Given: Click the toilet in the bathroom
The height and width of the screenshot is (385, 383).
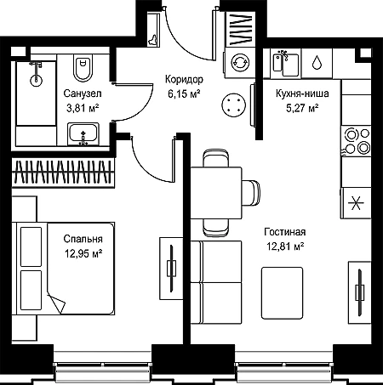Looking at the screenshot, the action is (x=83, y=68).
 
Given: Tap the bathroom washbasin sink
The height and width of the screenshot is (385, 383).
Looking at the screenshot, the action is (x=83, y=133).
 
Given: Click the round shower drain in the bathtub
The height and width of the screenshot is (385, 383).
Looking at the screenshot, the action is (x=36, y=80).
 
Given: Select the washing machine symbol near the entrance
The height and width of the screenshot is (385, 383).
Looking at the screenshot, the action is (x=240, y=63).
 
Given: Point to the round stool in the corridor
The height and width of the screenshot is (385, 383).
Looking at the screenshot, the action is (x=233, y=105).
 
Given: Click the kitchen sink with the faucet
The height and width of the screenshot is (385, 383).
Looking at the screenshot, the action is (x=286, y=63).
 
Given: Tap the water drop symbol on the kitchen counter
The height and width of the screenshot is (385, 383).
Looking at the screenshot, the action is (x=317, y=62).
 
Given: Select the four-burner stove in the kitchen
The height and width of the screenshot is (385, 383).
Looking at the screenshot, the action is (x=357, y=141).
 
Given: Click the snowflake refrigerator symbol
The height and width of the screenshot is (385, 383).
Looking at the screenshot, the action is (x=356, y=203).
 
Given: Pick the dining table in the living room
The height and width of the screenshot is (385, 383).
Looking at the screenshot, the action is (x=216, y=193).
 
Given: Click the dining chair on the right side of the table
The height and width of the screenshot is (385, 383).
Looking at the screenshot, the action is (x=251, y=193).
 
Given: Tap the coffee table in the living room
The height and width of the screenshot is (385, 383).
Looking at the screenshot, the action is (x=282, y=293).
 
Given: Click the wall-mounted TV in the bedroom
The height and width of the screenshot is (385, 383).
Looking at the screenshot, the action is (x=171, y=269).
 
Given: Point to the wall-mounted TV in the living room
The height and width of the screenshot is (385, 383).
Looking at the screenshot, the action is (x=360, y=292).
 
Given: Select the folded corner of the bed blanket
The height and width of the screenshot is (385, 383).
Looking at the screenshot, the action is (x=56, y=303).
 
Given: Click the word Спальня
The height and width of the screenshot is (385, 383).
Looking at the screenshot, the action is (x=83, y=239).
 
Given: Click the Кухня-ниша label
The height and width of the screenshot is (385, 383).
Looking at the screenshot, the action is (x=302, y=93).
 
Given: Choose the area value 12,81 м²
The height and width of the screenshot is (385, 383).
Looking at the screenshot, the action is (x=285, y=246).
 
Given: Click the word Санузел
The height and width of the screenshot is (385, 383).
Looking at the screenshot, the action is (x=83, y=93).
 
